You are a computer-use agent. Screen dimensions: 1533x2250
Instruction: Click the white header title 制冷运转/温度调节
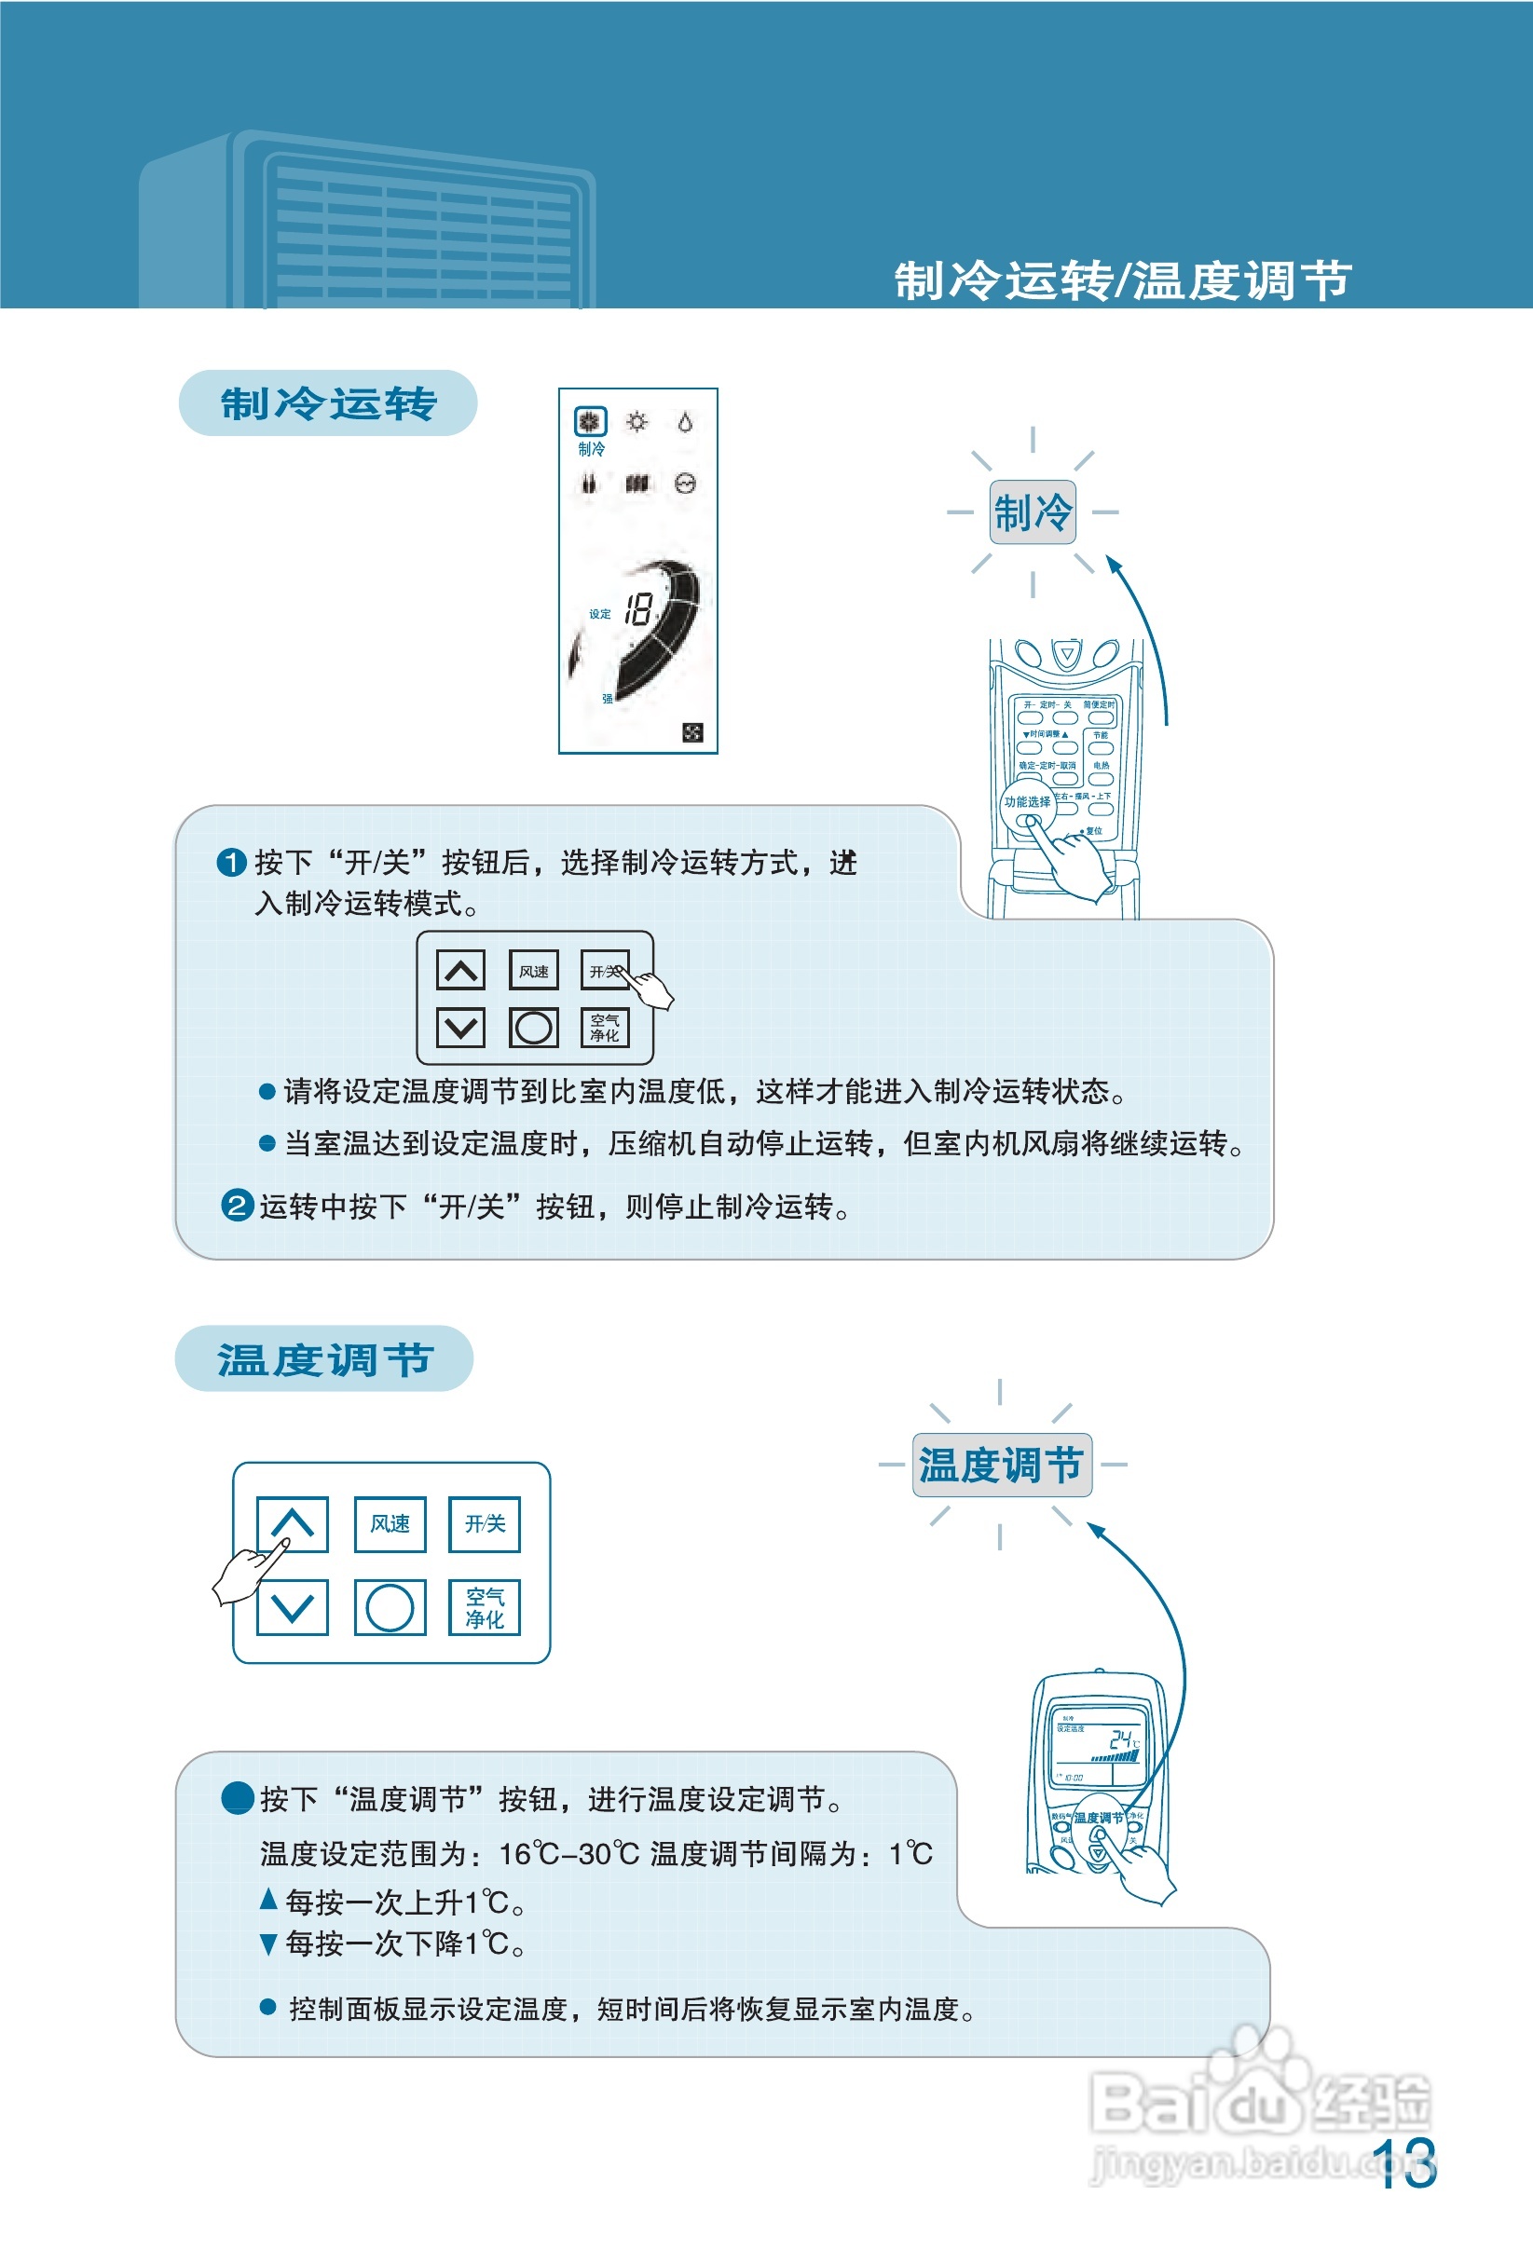tap(1121, 280)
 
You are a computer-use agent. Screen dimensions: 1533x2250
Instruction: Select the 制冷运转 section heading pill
tap(327, 402)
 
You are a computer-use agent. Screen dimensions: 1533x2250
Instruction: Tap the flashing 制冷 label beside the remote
tap(1033, 512)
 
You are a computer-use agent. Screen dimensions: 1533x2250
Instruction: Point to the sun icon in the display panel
tap(637, 422)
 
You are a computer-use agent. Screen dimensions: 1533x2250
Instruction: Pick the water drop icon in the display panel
tap(686, 422)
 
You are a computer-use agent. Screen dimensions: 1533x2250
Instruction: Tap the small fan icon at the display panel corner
tap(692, 732)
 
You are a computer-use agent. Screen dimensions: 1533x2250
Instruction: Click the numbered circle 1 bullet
tap(231, 862)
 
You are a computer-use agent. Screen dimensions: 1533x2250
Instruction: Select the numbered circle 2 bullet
tap(238, 1206)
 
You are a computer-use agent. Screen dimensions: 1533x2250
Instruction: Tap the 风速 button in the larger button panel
tap(390, 1524)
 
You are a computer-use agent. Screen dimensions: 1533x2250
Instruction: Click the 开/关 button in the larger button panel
tap(485, 1524)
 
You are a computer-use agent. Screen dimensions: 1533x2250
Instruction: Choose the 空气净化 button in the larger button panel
tap(485, 1607)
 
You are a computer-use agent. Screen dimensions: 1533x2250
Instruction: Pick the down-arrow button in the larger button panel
tap(293, 1607)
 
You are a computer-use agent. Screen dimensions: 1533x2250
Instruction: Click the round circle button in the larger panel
tap(390, 1607)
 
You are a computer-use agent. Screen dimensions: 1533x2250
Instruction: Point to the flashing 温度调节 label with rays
tap(1000, 1465)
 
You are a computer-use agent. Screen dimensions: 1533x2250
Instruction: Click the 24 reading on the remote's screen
tap(1121, 1739)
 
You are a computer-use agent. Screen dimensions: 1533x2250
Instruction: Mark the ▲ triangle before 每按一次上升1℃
tap(269, 1900)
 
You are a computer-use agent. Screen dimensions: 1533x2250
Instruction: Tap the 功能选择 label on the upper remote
tap(1027, 801)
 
